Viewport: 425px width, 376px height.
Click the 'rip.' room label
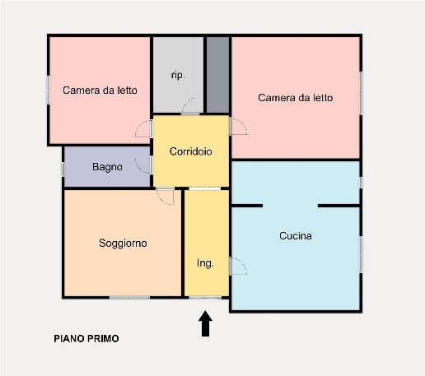(x=177, y=75)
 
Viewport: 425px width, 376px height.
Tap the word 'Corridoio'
(x=191, y=151)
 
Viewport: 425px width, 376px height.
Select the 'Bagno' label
(x=107, y=167)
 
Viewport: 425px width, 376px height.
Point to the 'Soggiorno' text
(x=123, y=243)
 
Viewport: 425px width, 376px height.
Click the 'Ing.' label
(x=205, y=263)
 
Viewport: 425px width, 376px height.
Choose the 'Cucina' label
(x=295, y=236)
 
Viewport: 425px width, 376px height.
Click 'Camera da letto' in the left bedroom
(x=100, y=91)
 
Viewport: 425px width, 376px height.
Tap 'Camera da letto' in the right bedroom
(x=295, y=97)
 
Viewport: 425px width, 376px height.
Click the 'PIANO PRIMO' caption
(x=86, y=338)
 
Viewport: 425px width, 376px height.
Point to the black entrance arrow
(x=205, y=323)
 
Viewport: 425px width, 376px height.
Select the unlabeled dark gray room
(x=217, y=75)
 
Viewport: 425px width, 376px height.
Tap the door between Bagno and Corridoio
(x=145, y=165)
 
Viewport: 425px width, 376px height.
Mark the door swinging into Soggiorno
(x=165, y=196)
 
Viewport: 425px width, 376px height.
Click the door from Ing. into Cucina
(x=237, y=265)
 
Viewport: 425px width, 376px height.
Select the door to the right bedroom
(x=237, y=126)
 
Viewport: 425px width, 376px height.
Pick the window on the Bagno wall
(x=63, y=168)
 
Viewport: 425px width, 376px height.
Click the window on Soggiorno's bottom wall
(x=129, y=296)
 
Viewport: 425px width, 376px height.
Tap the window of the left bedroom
(x=49, y=90)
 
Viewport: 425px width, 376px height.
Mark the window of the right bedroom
(x=361, y=94)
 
